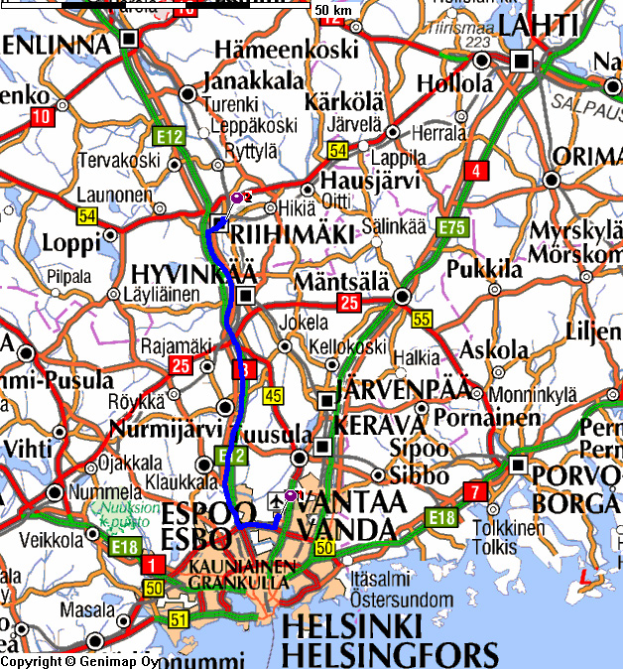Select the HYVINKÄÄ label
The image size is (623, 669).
coord(194,273)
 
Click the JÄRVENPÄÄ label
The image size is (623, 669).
coord(405,389)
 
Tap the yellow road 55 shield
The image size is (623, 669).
coord(422,319)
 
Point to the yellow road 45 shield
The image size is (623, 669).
coord(274,397)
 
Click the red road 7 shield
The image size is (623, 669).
coord(476,491)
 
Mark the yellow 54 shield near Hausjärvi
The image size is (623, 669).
coord(337,151)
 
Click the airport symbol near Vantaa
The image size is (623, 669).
coord(275,499)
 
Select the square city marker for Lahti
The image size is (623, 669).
coord(521,63)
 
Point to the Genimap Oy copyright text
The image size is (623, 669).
coord(79,661)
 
